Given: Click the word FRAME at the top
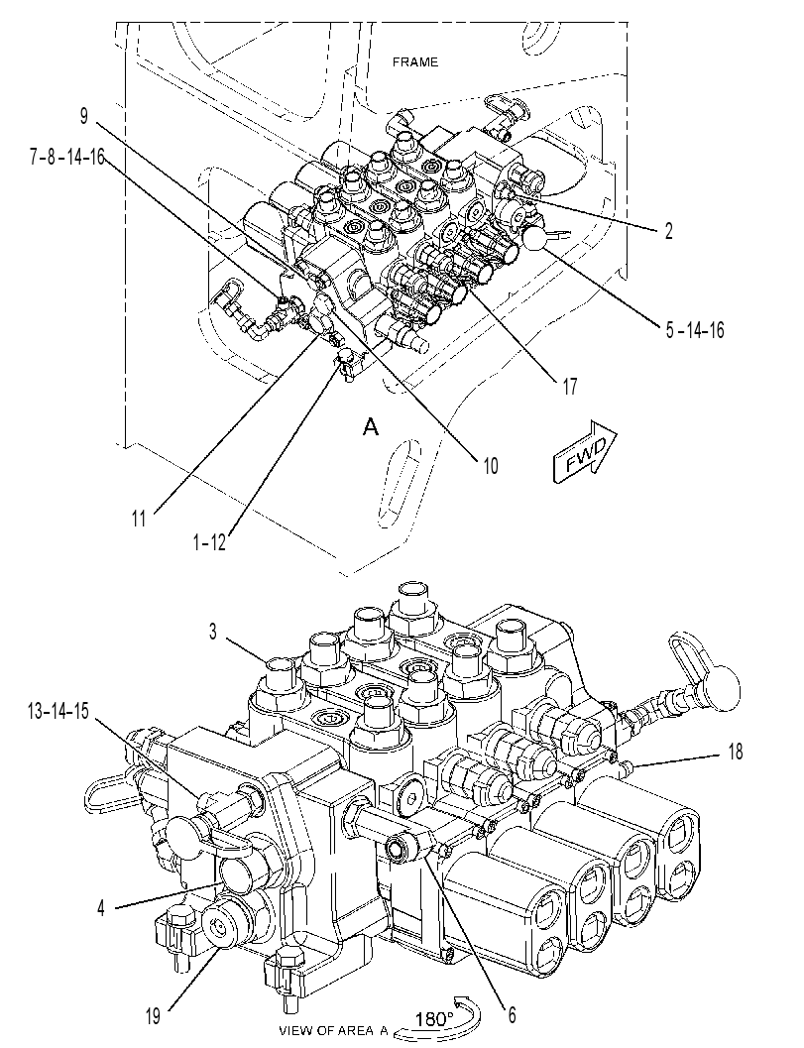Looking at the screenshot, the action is (x=415, y=62).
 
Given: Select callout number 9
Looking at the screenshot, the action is (x=83, y=116).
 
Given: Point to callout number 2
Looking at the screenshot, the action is (x=668, y=231).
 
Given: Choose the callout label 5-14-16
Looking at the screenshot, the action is (x=695, y=329).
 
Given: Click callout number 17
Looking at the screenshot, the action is (x=569, y=387).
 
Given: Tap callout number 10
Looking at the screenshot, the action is (x=491, y=465).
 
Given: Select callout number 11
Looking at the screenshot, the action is (x=139, y=519).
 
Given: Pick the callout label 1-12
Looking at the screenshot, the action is (x=209, y=543).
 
